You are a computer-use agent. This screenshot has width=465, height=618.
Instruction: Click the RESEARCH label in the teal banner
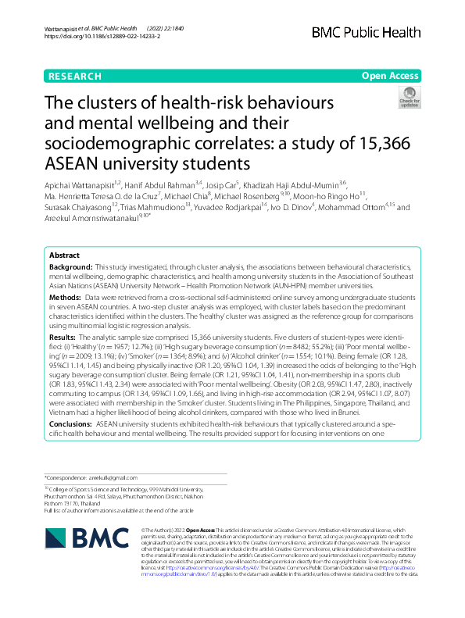74,77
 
